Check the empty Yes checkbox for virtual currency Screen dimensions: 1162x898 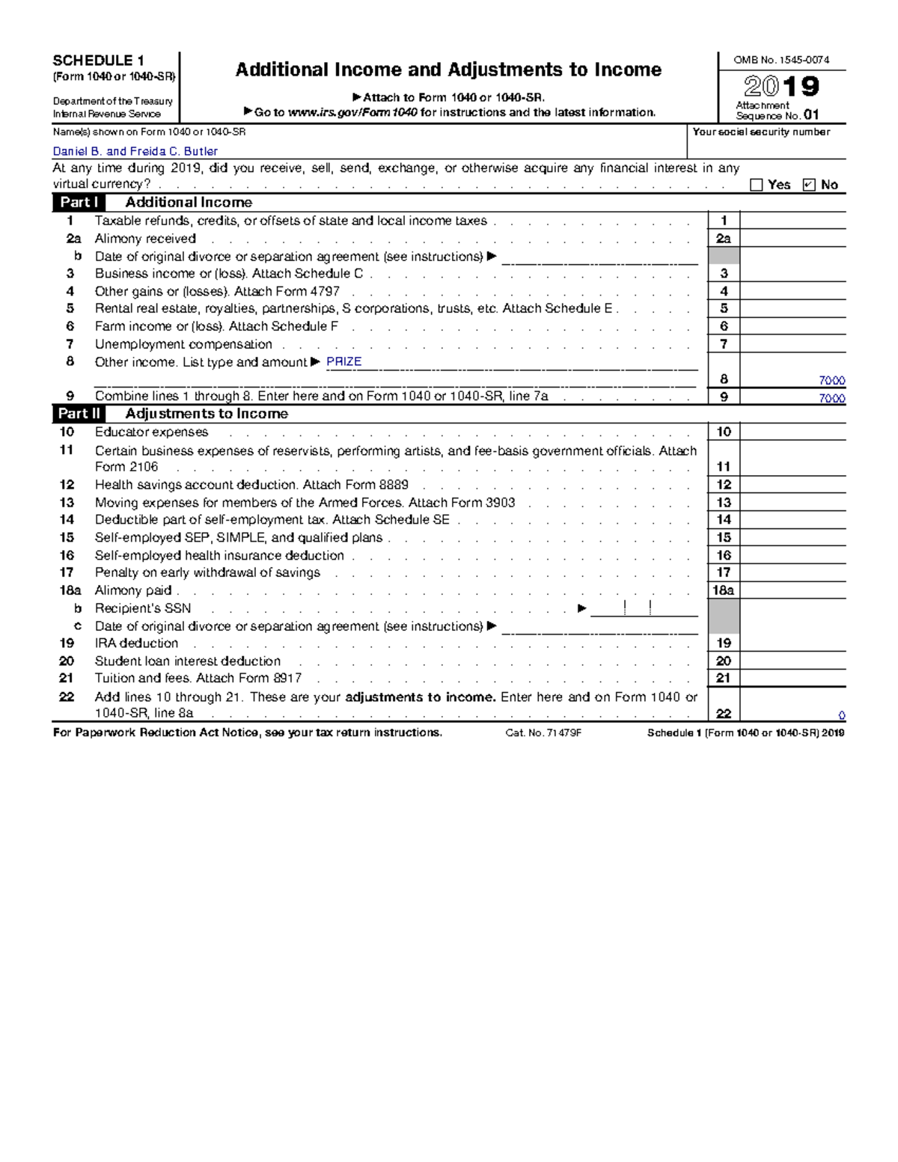click(756, 185)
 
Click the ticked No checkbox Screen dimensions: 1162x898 click(808, 185)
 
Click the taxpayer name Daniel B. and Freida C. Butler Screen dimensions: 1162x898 click(135, 151)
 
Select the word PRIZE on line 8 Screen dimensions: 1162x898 click(344, 361)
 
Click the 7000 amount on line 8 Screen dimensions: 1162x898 click(831, 381)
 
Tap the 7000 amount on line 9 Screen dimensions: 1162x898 click(831, 399)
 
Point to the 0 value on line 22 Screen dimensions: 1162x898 click(841, 715)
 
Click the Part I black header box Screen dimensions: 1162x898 click(79, 202)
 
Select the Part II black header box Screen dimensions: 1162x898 click(79, 414)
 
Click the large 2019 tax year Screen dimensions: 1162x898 click(781, 87)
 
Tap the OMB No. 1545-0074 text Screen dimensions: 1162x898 click(781, 60)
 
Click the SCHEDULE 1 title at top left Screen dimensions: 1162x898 click(98, 61)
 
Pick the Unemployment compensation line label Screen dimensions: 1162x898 click(183, 344)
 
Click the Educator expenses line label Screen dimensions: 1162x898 click(151, 432)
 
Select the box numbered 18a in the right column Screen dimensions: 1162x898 click(723, 590)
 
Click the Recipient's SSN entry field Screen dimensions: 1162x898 click(644, 609)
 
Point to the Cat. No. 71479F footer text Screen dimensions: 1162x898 click(543, 733)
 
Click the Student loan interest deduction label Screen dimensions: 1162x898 click(188, 661)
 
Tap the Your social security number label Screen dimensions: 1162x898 click(761, 132)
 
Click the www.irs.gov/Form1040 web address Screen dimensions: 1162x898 click(352, 112)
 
